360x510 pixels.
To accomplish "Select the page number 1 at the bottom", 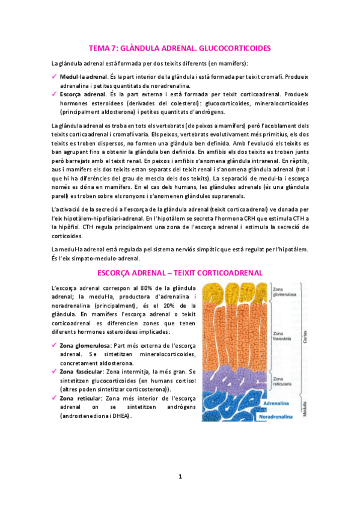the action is click(180, 477).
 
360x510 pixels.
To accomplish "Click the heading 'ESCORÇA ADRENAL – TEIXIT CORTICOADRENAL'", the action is click(180, 272).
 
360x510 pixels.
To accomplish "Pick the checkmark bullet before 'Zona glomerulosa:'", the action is click(54, 346).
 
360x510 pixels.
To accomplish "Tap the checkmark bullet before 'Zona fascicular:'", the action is click(54, 372).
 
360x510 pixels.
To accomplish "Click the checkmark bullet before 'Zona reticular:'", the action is click(54, 398).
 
